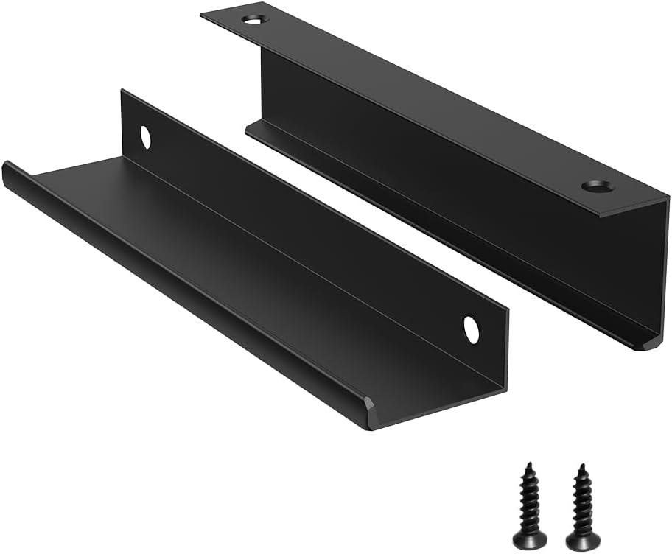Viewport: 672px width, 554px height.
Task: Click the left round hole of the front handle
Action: point(145,137)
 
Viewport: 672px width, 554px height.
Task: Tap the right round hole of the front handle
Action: point(470,329)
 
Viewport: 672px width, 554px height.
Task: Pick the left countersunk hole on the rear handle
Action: point(253,20)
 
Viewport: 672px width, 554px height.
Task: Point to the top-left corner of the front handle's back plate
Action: point(122,91)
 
